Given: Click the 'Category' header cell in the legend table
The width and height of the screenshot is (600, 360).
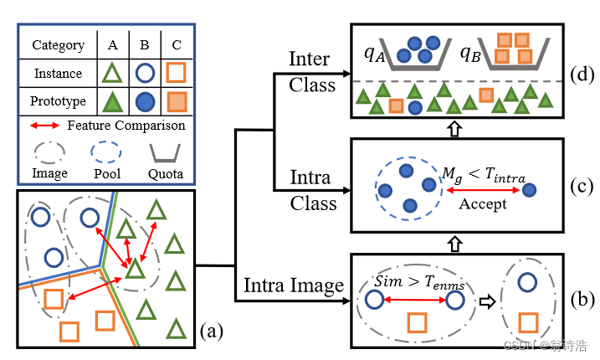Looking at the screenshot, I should pos(58,45).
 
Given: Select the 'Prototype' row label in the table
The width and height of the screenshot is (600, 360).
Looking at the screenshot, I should pos(58,102).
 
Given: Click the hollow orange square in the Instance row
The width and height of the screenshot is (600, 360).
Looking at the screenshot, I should pos(176,74).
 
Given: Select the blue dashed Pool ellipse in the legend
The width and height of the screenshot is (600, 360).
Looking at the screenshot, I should pos(105,152).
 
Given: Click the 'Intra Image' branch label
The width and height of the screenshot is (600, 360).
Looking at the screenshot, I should pos(293,285).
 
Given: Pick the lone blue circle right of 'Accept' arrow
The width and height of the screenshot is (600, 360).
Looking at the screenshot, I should pos(530,191).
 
